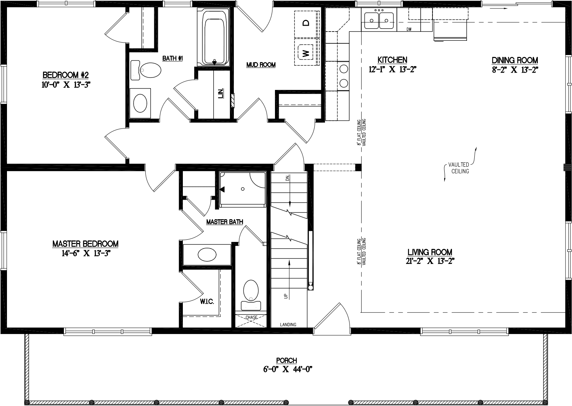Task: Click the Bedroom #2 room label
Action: pyautogui.click(x=66, y=75)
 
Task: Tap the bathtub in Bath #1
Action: pyautogui.click(x=214, y=37)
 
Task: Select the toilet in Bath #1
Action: pyautogui.click(x=147, y=70)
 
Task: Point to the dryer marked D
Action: pyautogui.click(x=305, y=23)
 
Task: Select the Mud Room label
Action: pyautogui.click(x=261, y=65)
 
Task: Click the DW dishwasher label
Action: pyautogui.click(x=409, y=29)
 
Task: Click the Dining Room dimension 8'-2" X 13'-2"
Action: pyautogui.click(x=515, y=70)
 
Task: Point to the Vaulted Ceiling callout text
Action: pyautogui.click(x=460, y=168)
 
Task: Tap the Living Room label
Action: pyautogui.click(x=430, y=252)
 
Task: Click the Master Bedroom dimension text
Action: pyautogui.click(x=86, y=253)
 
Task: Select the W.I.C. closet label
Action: pyautogui.click(x=207, y=302)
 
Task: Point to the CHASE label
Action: pyautogui.click(x=251, y=317)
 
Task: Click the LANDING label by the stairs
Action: pyautogui.click(x=288, y=325)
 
